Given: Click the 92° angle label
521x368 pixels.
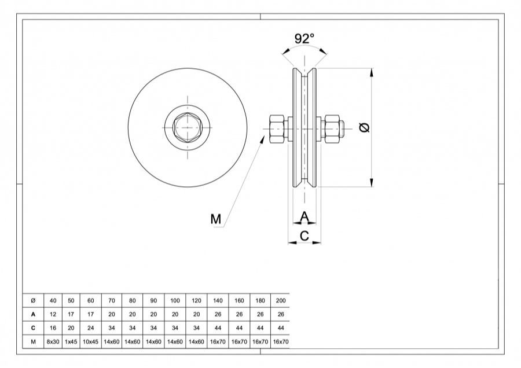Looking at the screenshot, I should [x=304, y=38].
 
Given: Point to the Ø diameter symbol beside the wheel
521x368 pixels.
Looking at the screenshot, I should [x=364, y=127].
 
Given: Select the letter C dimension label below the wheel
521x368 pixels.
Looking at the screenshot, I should [x=304, y=235].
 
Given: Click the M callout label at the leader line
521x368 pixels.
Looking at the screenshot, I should [x=216, y=219].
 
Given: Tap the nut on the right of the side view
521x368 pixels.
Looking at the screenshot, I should [x=332, y=128].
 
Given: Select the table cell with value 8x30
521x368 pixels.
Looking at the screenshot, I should [x=53, y=342].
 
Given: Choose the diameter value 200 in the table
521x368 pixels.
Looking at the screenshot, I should [x=281, y=300].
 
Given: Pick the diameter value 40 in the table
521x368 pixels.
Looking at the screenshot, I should [x=53, y=300].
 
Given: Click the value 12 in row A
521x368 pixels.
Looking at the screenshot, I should [x=53, y=314].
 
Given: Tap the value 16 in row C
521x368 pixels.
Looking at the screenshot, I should [x=53, y=328].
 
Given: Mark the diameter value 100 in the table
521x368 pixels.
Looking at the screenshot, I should [x=174, y=300].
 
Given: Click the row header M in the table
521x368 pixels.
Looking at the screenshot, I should [x=33, y=342].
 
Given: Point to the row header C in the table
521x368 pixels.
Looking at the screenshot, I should [x=33, y=328].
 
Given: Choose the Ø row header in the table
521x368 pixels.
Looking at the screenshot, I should [x=33, y=300].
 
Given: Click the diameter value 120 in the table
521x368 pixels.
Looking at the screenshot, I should [x=196, y=300].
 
